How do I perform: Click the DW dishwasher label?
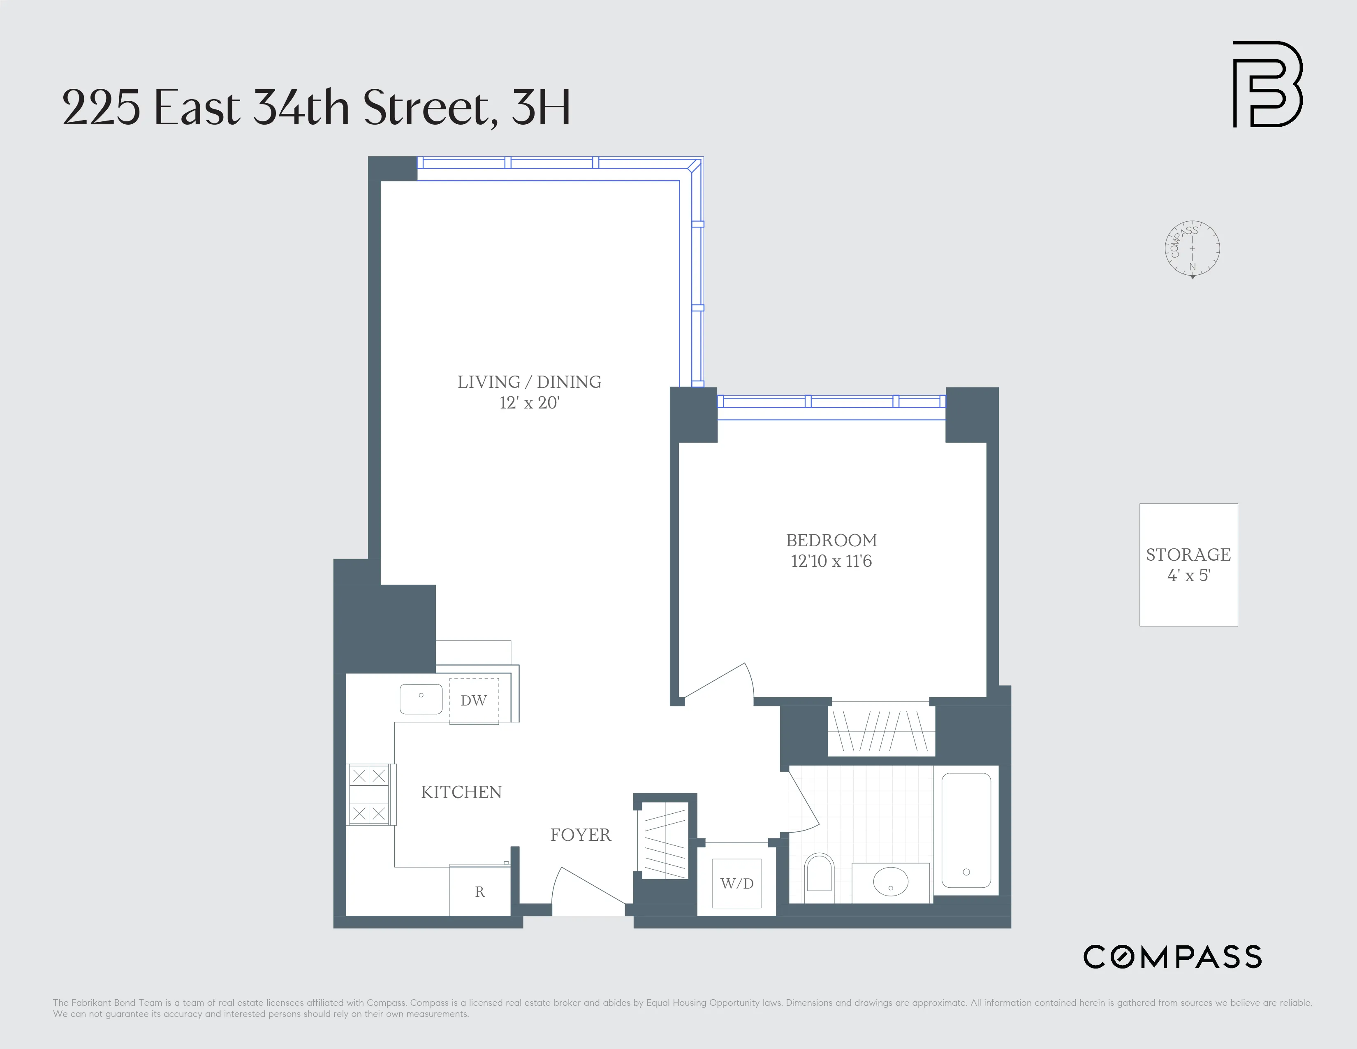(x=473, y=701)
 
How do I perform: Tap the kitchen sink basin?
(x=421, y=699)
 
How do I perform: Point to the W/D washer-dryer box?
(x=737, y=883)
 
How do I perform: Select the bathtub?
(x=966, y=830)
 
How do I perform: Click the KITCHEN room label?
(x=461, y=792)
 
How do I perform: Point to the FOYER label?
(x=580, y=835)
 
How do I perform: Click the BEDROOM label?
(x=831, y=541)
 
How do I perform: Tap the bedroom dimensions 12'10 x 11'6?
(x=831, y=561)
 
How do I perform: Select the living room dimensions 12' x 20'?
(x=529, y=403)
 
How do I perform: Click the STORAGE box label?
(x=1188, y=555)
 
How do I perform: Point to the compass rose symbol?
(x=1192, y=248)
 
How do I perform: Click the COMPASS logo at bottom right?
(x=1172, y=956)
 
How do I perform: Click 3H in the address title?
(x=541, y=108)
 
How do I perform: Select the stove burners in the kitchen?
(x=369, y=794)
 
